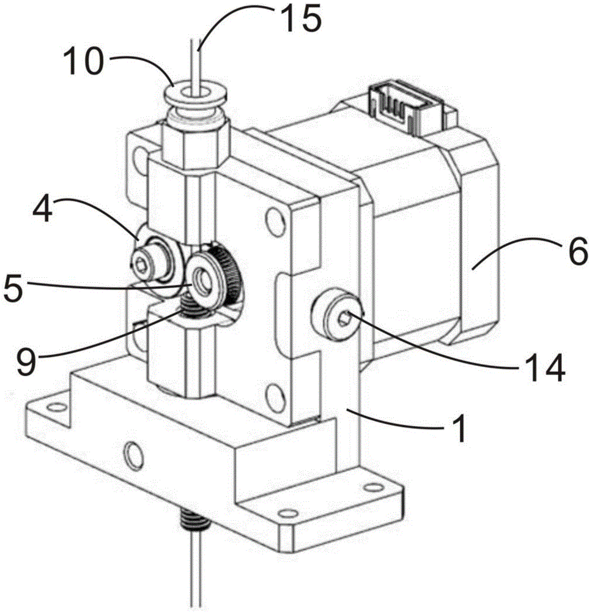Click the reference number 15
301,18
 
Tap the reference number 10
83,61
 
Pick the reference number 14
545,368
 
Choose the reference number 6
577,251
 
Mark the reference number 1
460,428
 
